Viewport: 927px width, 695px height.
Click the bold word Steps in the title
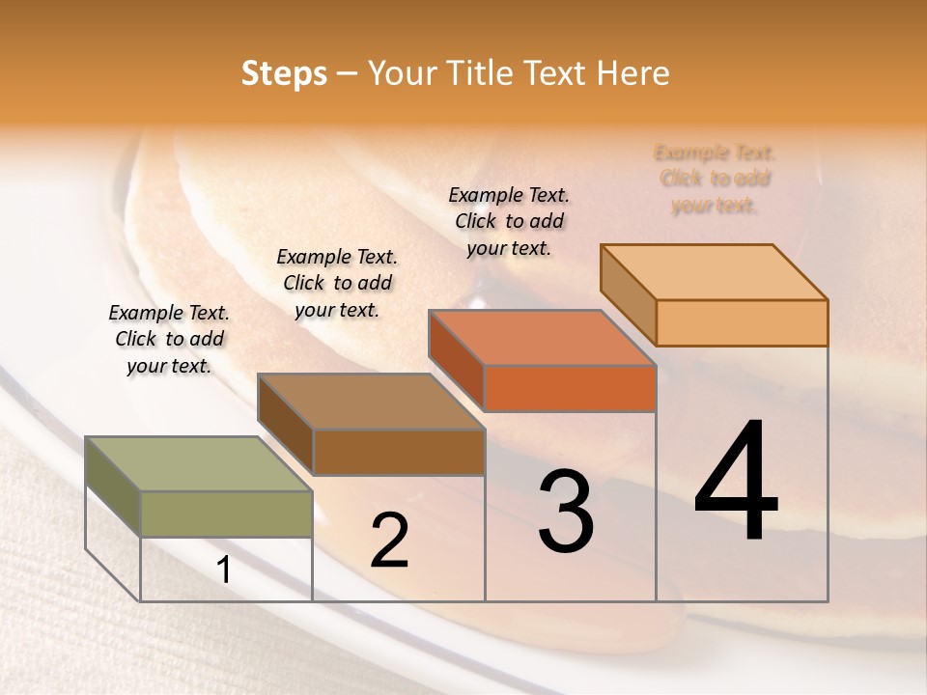284,73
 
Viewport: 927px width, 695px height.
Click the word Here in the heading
633,73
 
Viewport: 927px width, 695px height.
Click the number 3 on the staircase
566,512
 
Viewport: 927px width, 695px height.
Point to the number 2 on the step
389,541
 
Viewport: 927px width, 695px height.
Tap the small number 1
224,570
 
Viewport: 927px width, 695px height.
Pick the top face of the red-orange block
542,338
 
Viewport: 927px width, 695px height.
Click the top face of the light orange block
714,272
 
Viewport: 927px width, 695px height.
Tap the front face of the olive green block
226,514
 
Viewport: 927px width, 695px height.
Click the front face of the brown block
398,452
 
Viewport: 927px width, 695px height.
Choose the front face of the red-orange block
570,388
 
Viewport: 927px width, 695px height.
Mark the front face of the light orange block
742,322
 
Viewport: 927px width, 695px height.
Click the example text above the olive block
169,339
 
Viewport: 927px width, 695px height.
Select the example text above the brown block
337,283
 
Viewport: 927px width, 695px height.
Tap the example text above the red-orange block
509,221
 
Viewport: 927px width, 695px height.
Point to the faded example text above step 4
715,179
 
